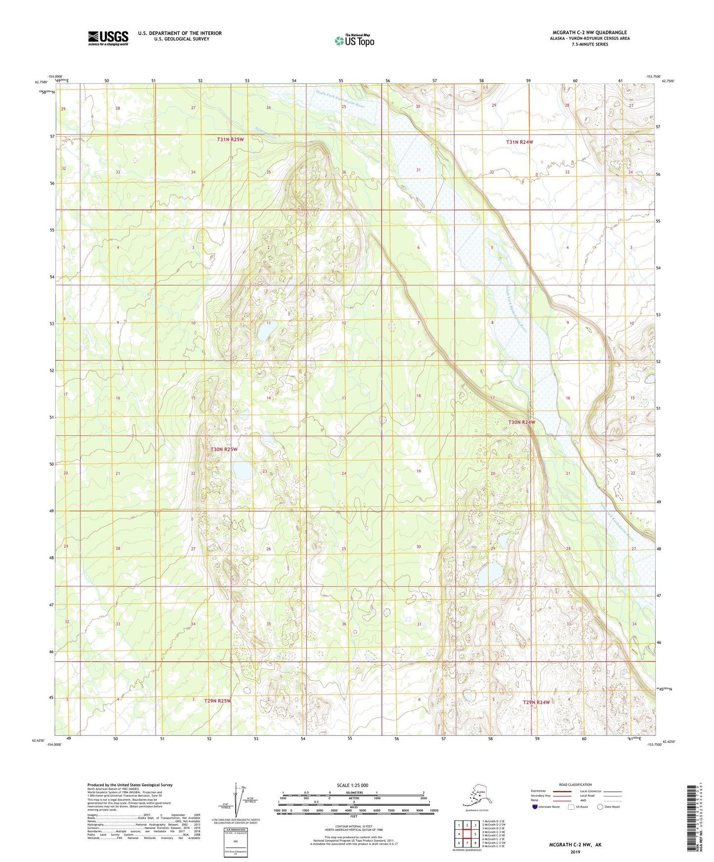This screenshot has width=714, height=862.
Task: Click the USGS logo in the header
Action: [108, 38]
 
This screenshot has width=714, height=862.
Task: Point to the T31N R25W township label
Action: [230, 140]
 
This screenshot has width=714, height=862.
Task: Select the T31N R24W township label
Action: [519, 142]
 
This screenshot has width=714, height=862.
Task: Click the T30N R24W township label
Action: [522, 423]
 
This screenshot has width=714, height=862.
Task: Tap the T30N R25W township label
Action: [224, 450]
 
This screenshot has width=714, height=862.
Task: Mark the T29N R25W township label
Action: [217, 701]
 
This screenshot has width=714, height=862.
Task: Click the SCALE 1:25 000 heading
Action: [352, 785]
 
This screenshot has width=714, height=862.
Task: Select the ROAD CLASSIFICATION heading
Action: [576, 784]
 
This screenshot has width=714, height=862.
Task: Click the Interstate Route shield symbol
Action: [535, 807]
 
